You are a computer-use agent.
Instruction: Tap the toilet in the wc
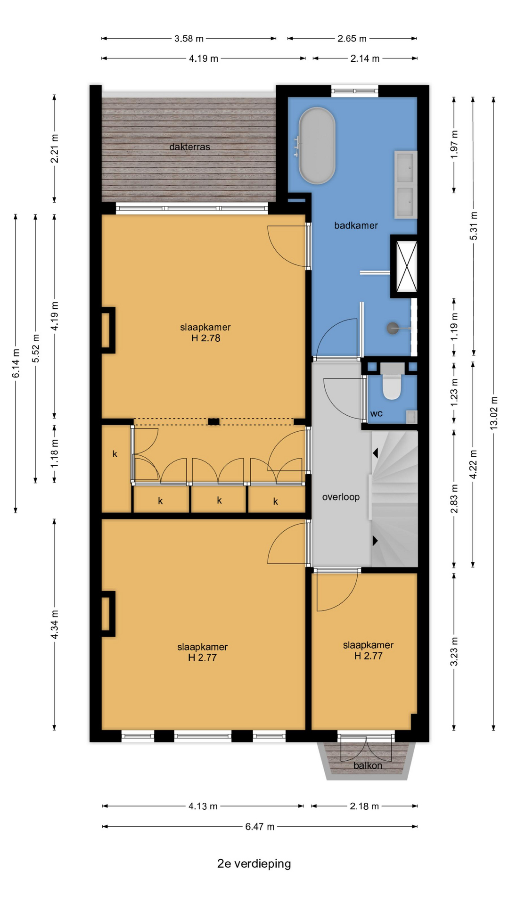coord(392,382)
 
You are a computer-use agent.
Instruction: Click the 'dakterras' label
coord(189,147)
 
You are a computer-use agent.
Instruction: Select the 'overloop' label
coord(341,497)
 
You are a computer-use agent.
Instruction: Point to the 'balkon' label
coord(368,765)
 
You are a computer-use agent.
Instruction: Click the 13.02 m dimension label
coord(493,412)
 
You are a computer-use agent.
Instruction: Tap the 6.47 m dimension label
coord(260,826)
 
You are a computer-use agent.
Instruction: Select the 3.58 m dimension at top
coord(189,39)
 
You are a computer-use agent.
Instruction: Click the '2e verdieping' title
coord(254,864)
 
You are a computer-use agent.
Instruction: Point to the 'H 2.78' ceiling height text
coord(205,338)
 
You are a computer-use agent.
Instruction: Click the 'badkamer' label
coord(356,225)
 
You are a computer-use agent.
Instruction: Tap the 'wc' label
coord(376,414)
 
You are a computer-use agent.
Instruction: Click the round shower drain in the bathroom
coord(393,328)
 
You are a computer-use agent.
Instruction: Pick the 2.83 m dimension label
coord(454,498)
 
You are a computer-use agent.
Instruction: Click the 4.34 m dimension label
coord(55,625)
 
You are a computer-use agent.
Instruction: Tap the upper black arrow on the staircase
coord(375,453)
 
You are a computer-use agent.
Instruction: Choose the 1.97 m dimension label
coord(454,144)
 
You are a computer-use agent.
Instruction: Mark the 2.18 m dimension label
coord(364,806)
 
